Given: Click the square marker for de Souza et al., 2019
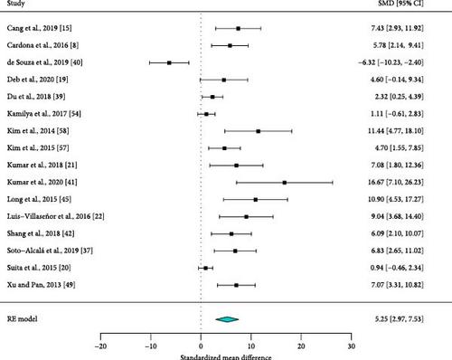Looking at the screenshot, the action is (169, 62).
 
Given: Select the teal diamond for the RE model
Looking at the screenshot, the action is (227, 319).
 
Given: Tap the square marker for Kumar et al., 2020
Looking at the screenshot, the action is (285, 183).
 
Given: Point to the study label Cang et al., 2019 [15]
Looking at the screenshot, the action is (40, 28).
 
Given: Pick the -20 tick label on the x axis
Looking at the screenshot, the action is (100, 346).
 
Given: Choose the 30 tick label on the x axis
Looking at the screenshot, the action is (352, 346).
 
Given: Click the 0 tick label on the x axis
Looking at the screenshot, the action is (201, 346).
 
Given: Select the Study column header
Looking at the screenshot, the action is (16, 4).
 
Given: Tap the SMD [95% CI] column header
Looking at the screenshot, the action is (400, 4).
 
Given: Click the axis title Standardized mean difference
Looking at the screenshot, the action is (226, 357).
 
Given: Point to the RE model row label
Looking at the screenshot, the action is (23, 319).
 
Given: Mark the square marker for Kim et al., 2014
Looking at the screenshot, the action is (259, 131).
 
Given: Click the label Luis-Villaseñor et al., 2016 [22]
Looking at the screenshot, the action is (56, 216).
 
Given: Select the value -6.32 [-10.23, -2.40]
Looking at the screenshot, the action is (391, 62).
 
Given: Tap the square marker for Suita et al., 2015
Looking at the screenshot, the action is (205, 268).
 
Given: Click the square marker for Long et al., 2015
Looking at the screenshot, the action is (256, 200).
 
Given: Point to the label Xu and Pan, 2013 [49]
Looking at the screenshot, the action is (41, 285).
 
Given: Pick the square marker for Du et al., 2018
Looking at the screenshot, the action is (212, 97).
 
